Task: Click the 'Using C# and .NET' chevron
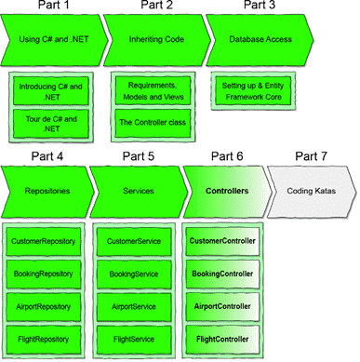tap(52, 39)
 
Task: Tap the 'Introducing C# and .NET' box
tap(51, 91)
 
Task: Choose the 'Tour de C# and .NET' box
tap(51, 123)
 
